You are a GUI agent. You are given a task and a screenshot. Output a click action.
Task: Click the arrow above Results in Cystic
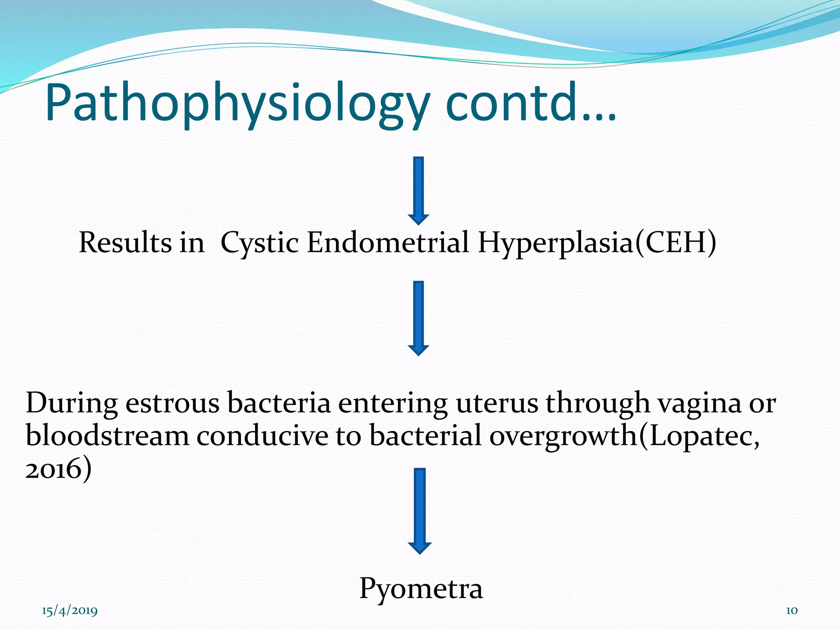click(x=418, y=190)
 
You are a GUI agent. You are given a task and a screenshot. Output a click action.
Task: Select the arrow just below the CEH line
click(x=418, y=318)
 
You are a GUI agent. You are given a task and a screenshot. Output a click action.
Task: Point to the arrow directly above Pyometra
click(x=420, y=511)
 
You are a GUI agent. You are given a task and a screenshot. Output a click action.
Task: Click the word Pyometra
click(x=421, y=589)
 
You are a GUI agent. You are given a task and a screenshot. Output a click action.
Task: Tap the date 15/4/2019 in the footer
click(x=70, y=611)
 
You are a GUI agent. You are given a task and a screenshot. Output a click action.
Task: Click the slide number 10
click(x=791, y=611)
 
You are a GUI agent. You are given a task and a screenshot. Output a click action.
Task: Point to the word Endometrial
click(x=388, y=242)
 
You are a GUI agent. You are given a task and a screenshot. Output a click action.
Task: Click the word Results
click(x=125, y=242)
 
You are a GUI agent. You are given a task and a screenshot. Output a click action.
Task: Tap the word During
click(x=72, y=403)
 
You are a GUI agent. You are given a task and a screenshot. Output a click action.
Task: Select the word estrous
click(x=172, y=403)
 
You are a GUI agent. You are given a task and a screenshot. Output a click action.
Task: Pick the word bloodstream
click(x=107, y=436)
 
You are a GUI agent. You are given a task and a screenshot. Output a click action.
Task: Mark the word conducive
click(x=262, y=436)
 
